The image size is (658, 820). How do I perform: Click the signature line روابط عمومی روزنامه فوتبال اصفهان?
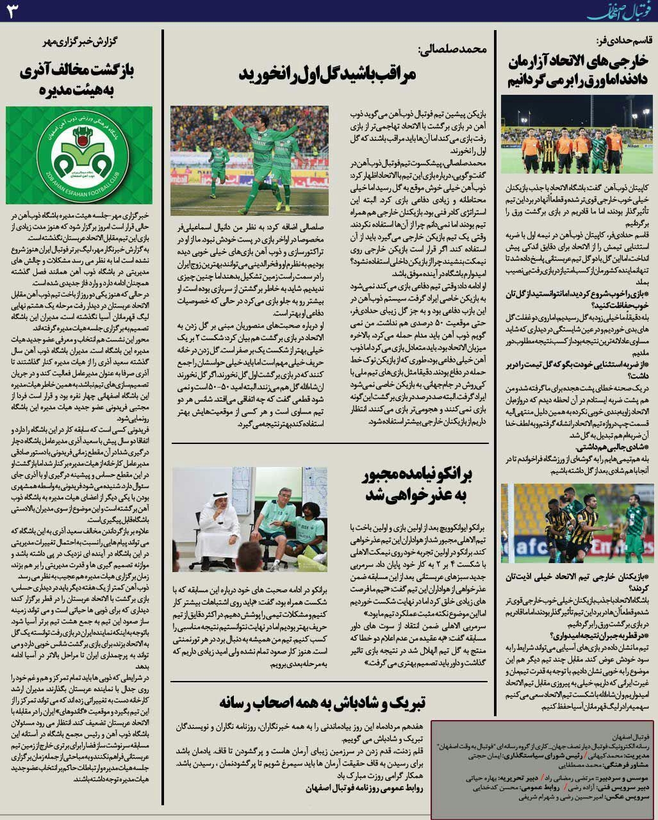(365, 788)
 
